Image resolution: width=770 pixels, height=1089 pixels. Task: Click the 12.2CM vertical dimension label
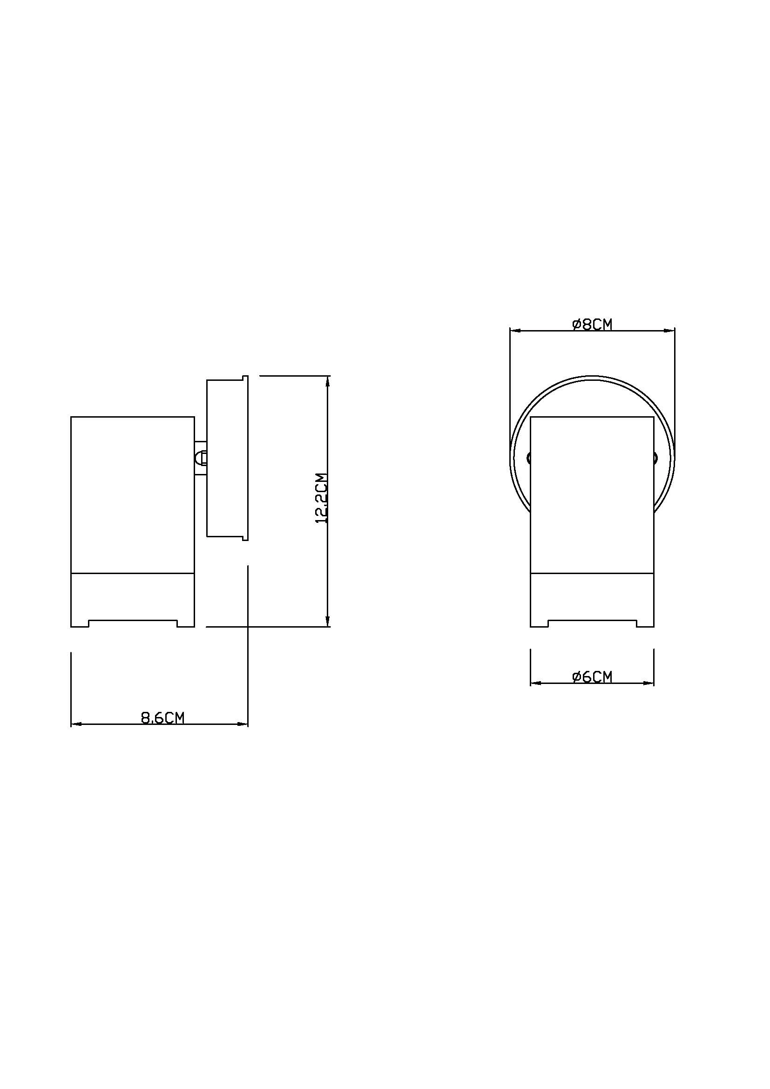pyautogui.click(x=322, y=498)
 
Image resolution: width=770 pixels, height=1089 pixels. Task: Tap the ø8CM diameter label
pyautogui.click(x=592, y=325)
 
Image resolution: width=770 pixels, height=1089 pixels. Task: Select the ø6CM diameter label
pyautogui.click(x=592, y=677)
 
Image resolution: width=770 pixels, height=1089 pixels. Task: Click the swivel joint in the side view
pyautogui.click(x=201, y=458)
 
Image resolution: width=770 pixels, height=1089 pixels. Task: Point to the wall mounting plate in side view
pyautogui.click(x=227, y=458)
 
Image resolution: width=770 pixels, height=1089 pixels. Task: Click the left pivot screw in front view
pyautogui.click(x=529, y=458)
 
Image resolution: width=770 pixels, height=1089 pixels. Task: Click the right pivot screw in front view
pyautogui.click(x=656, y=458)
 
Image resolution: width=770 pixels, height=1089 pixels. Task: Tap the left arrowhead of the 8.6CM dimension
pyautogui.click(x=76, y=724)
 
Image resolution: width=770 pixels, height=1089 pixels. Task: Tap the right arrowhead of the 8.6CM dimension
pyautogui.click(x=242, y=724)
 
